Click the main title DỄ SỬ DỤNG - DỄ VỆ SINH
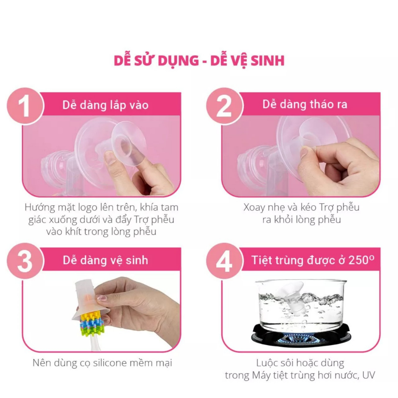tap(199, 61)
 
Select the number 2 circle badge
tap(224, 106)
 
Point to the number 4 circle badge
tap(224, 261)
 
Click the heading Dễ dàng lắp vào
tap(105, 105)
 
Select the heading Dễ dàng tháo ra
tap(305, 105)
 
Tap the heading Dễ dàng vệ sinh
tap(105, 260)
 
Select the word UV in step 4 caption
tap(368, 375)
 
